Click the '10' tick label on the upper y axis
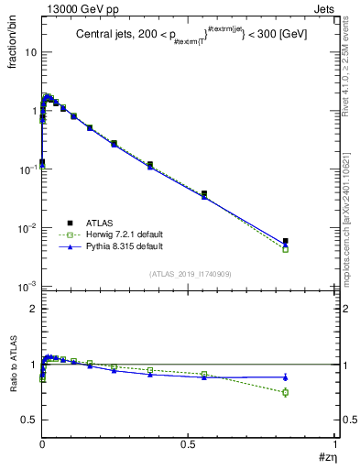pos(30,51)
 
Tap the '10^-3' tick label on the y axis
pos(28,287)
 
